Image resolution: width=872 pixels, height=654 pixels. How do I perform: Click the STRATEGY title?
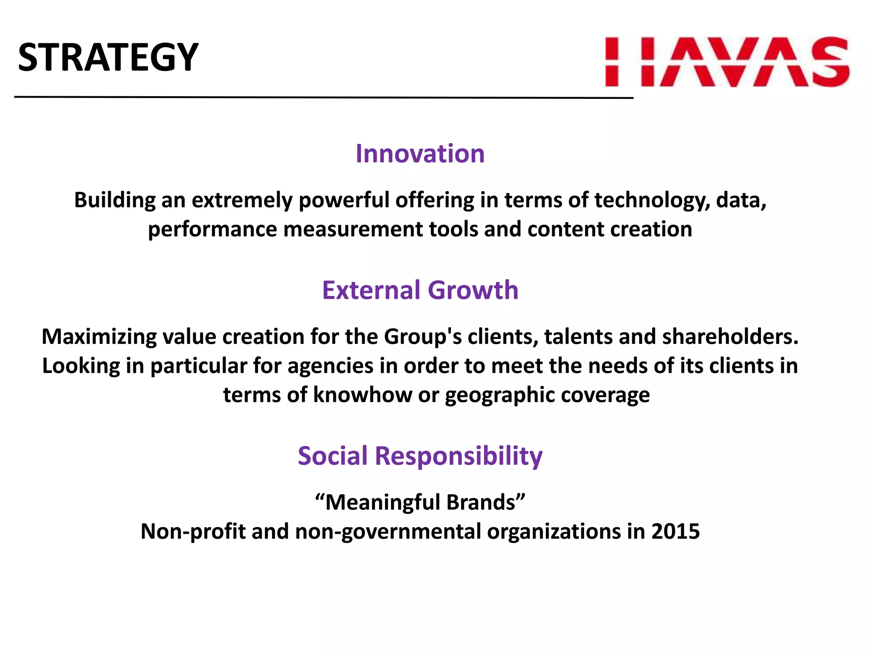(108, 57)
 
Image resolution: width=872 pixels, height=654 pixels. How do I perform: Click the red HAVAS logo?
(727, 62)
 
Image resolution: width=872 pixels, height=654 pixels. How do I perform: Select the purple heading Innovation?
(420, 154)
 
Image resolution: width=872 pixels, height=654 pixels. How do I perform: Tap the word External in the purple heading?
(371, 290)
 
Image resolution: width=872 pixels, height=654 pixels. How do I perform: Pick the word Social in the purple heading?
(333, 456)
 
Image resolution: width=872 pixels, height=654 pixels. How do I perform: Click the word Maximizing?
(99, 337)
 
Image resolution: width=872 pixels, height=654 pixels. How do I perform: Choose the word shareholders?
(730, 337)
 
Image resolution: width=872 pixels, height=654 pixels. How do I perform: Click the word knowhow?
(362, 395)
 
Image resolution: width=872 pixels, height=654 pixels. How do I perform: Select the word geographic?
(499, 396)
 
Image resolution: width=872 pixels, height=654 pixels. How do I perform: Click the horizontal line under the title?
(324, 98)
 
